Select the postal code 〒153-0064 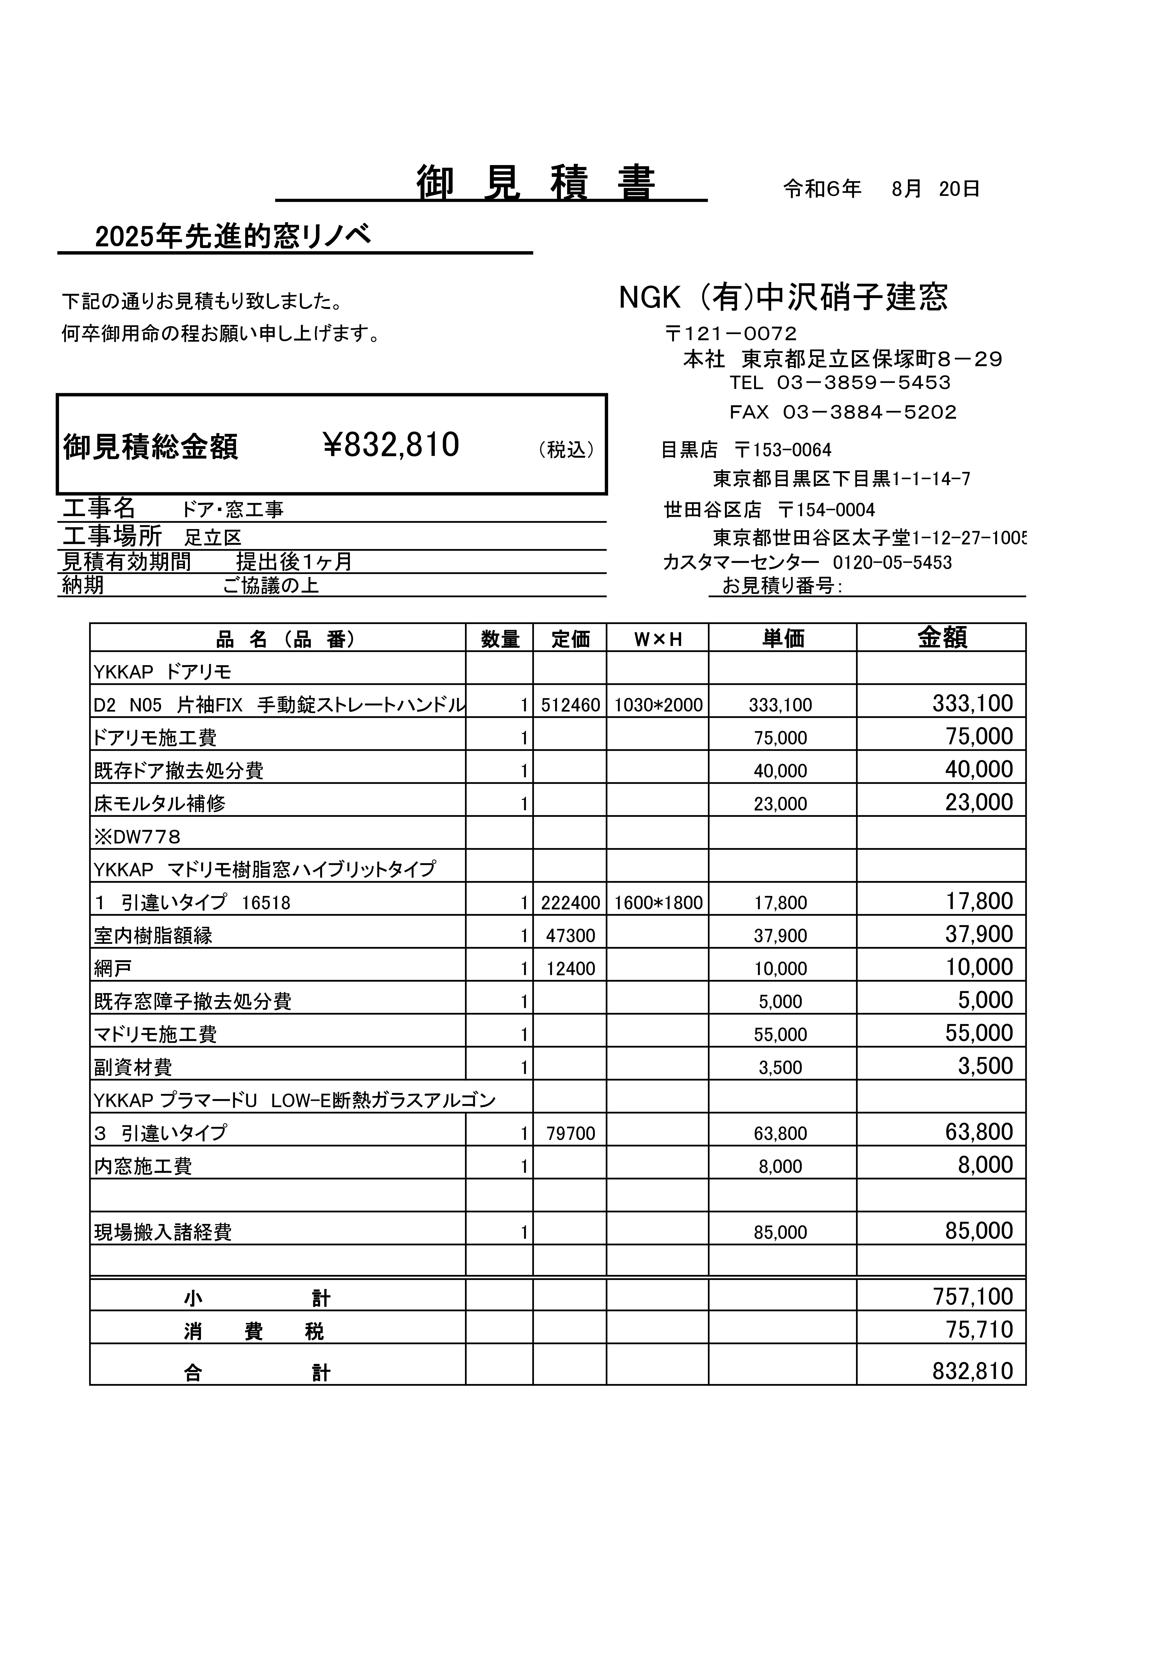coord(783,450)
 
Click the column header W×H coord(658,639)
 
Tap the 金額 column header coord(942,638)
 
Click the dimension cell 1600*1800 coord(658,903)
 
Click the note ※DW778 coord(137,837)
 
